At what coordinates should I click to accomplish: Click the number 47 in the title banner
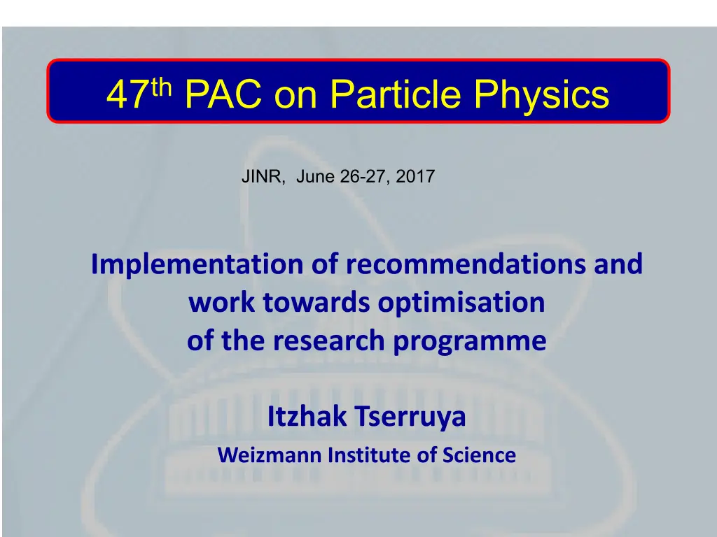tap(128, 94)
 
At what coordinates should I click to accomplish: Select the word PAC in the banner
tap(223, 94)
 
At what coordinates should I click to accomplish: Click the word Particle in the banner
tap(395, 94)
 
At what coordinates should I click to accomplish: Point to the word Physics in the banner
tap(541, 96)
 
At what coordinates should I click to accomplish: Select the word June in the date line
tap(316, 176)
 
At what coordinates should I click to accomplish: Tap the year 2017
tap(415, 176)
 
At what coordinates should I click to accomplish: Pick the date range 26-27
tap(365, 177)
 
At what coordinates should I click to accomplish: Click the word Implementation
tap(197, 264)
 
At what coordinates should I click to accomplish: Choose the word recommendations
tap(466, 264)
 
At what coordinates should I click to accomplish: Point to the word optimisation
tap(461, 303)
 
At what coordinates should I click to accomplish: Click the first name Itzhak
tap(307, 416)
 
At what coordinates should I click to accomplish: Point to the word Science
tap(479, 454)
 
